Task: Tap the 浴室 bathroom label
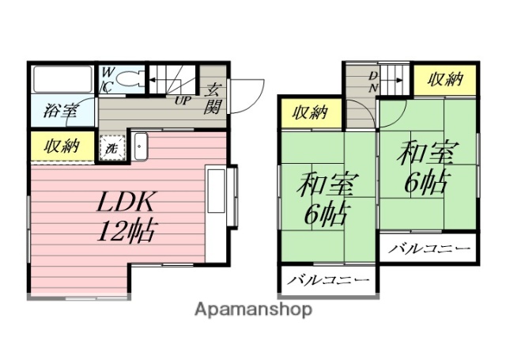(60, 109)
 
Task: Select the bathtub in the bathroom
(62, 78)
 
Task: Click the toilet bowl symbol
(131, 79)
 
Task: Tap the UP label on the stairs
(182, 100)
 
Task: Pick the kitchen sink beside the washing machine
(142, 146)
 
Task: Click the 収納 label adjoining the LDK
(61, 146)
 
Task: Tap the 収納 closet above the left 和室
(311, 112)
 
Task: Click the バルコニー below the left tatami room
(328, 281)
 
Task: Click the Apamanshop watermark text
(253, 309)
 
